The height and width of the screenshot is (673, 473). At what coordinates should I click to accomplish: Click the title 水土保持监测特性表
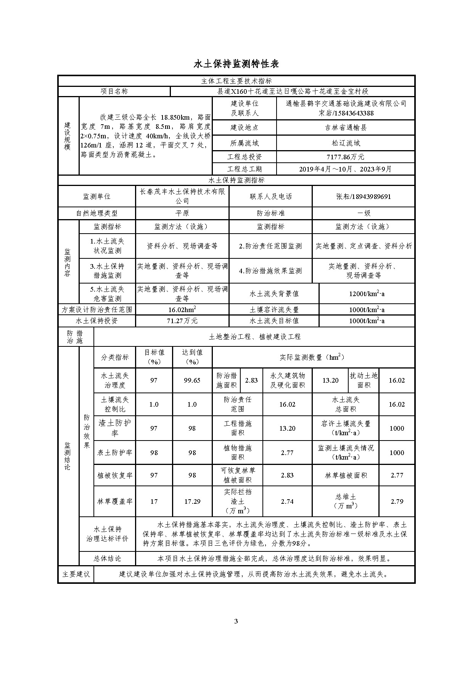pyautogui.click(x=236, y=64)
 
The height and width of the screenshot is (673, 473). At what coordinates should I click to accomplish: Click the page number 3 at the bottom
pyautogui.click(x=236, y=622)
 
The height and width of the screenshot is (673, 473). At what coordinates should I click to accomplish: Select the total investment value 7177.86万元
pyautogui.click(x=345, y=157)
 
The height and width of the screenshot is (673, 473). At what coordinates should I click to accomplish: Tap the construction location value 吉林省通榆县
pyautogui.click(x=345, y=128)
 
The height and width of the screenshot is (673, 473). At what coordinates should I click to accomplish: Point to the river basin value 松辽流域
pyautogui.click(x=345, y=143)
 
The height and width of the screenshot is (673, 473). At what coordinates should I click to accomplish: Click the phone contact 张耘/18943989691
pyautogui.click(x=363, y=197)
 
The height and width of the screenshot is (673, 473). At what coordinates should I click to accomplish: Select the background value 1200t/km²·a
pyautogui.click(x=367, y=294)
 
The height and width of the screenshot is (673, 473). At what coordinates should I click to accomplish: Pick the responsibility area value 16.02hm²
pyautogui.click(x=182, y=310)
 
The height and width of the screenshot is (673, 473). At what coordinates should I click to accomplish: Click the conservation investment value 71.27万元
pyautogui.click(x=182, y=321)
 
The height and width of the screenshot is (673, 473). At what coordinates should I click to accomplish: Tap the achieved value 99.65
pyautogui.click(x=192, y=380)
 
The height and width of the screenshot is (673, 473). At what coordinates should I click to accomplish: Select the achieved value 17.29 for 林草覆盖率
pyautogui.click(x=192, y=502)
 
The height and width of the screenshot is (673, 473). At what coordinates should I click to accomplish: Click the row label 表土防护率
pyautogui.click(x=115, y=453)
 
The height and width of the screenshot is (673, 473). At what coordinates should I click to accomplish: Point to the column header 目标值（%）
pyautogui.click(x=154, y=357)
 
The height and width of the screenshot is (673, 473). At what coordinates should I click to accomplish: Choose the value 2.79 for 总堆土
pyautogui.click(x=397, y=502)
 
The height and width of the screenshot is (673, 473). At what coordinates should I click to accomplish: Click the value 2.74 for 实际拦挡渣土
pyautogui.click(x=287, y=502)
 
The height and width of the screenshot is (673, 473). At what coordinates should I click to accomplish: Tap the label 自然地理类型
pyautogui.click(x=97, y=213)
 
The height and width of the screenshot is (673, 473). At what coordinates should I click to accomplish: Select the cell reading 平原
pyautogui.click(x=182, y=213)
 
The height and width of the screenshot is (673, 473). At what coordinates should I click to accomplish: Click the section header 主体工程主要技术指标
pyautogui.click(x=236, y=81)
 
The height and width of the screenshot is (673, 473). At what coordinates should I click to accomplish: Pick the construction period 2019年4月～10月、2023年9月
pyautogui.click(x=345, y=169)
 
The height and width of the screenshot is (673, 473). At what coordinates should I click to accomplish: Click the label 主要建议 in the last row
pyautogui.click(x=76, y=574)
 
